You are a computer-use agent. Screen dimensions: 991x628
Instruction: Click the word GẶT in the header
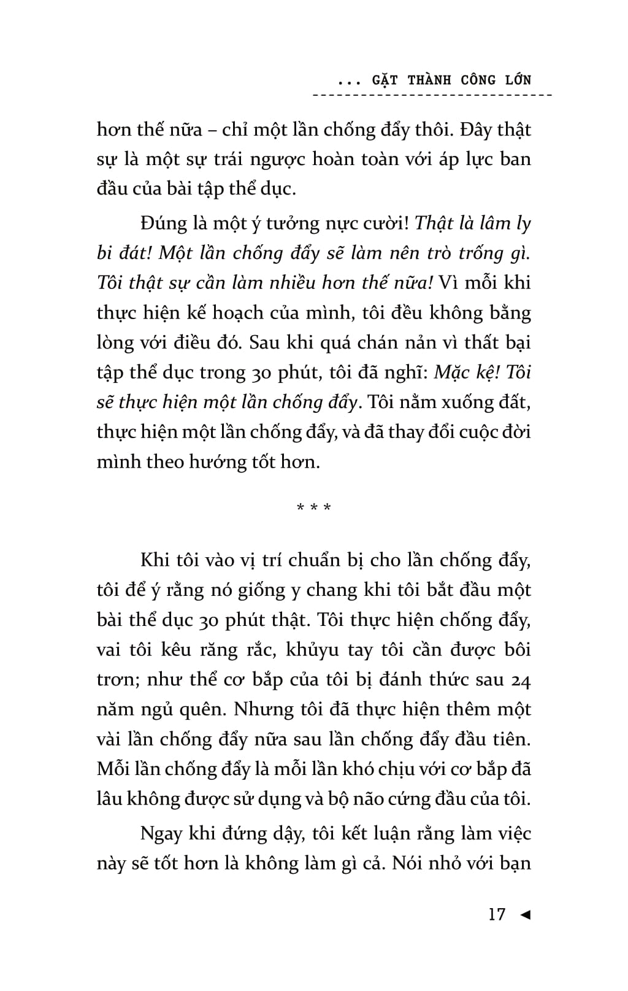click(x=385, y=80)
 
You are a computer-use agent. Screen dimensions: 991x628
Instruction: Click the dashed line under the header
click(x=432, y=95)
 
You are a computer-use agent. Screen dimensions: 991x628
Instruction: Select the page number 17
click(x=497, y=914)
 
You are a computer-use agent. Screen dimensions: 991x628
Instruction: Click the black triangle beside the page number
click(x=524, y=914)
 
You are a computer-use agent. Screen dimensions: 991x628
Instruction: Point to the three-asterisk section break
click(x=314, y=509)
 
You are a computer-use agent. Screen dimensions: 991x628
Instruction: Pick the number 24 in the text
click(x=520, y=679)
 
